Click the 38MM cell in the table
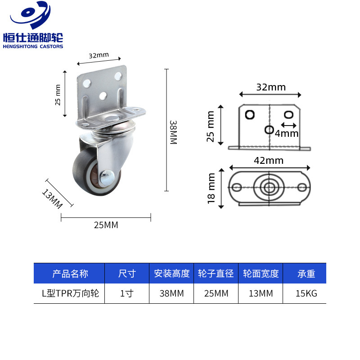171,294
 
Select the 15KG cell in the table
306,294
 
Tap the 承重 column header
306,274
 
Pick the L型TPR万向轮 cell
70,294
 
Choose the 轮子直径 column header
216,274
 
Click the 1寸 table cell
127,294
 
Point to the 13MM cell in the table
261,294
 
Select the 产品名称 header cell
70,274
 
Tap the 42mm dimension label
269,160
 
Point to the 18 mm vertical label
212,189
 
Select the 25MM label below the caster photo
106,225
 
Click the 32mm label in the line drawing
271,87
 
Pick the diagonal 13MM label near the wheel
52,198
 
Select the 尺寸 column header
127,274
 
